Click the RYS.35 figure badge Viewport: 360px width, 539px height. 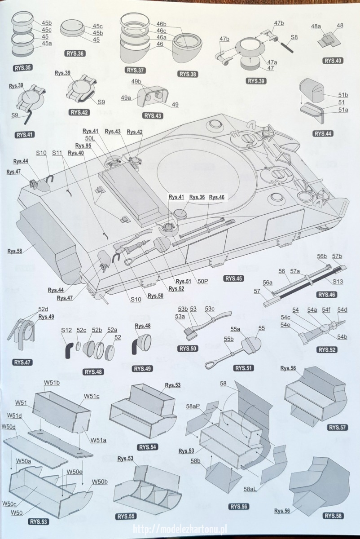tap(22, 68)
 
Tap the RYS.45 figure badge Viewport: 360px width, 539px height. tap(233, 278)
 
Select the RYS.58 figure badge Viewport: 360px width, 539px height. tap(333, 516)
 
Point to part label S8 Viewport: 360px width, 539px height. tap(294, 37)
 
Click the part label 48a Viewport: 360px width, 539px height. tap(316, 26)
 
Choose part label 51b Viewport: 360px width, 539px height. tap(343, 95)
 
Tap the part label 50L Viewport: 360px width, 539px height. tap(90, 139)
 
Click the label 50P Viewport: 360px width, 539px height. tap(202, 281)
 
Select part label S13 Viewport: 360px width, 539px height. tap(338, 281)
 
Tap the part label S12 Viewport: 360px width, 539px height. tap(66, 330)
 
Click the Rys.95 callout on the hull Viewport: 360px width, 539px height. tap(83, 146)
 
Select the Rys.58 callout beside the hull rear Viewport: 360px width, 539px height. tap(15, 251)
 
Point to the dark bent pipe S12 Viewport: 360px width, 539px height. tap(69, 351)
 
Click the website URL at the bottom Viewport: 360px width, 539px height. tap(180, 530)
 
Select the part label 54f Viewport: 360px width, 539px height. tap(326, 309)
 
